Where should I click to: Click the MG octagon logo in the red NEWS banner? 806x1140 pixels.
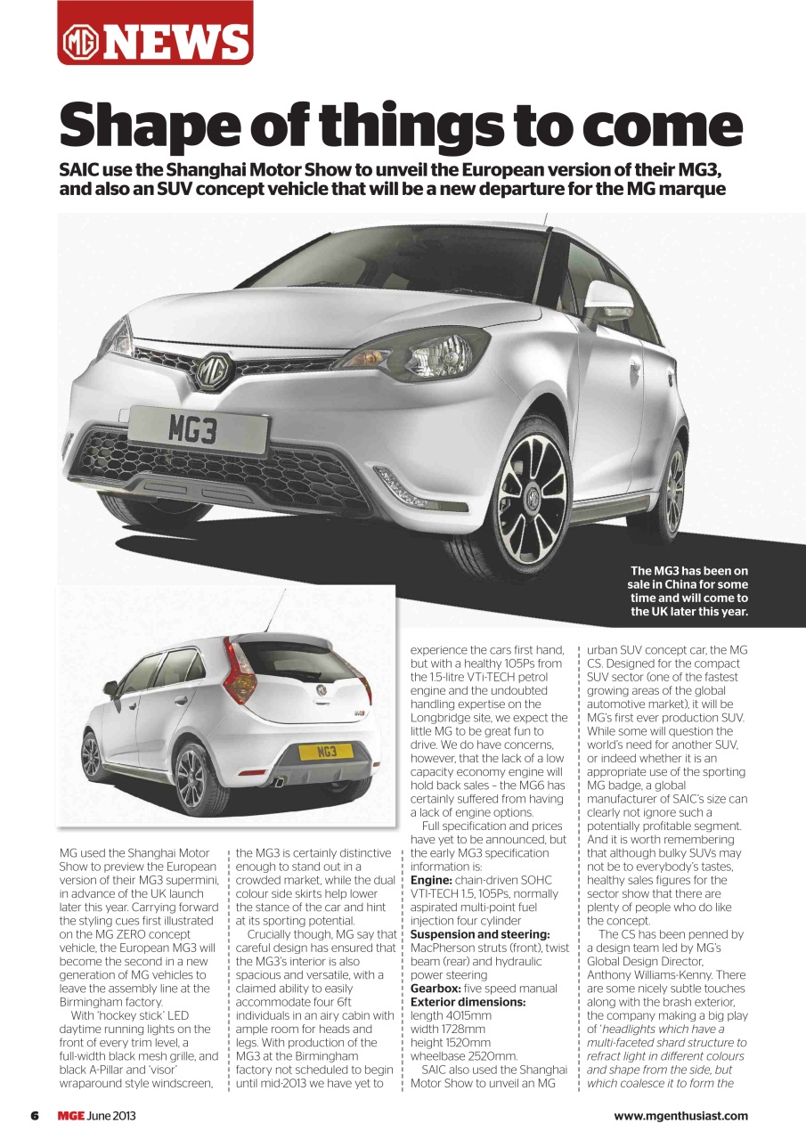[x=80, y=42]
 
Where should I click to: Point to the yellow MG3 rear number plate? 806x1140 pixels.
[x=327, y=753]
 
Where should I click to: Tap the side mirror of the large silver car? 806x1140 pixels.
[x=608, y=297]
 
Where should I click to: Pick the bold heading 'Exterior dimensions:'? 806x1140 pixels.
[x=468, y=1002]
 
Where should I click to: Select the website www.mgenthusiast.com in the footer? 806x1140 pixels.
[x=680, y=1116]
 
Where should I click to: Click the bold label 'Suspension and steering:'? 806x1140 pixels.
[x=479, y=934]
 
